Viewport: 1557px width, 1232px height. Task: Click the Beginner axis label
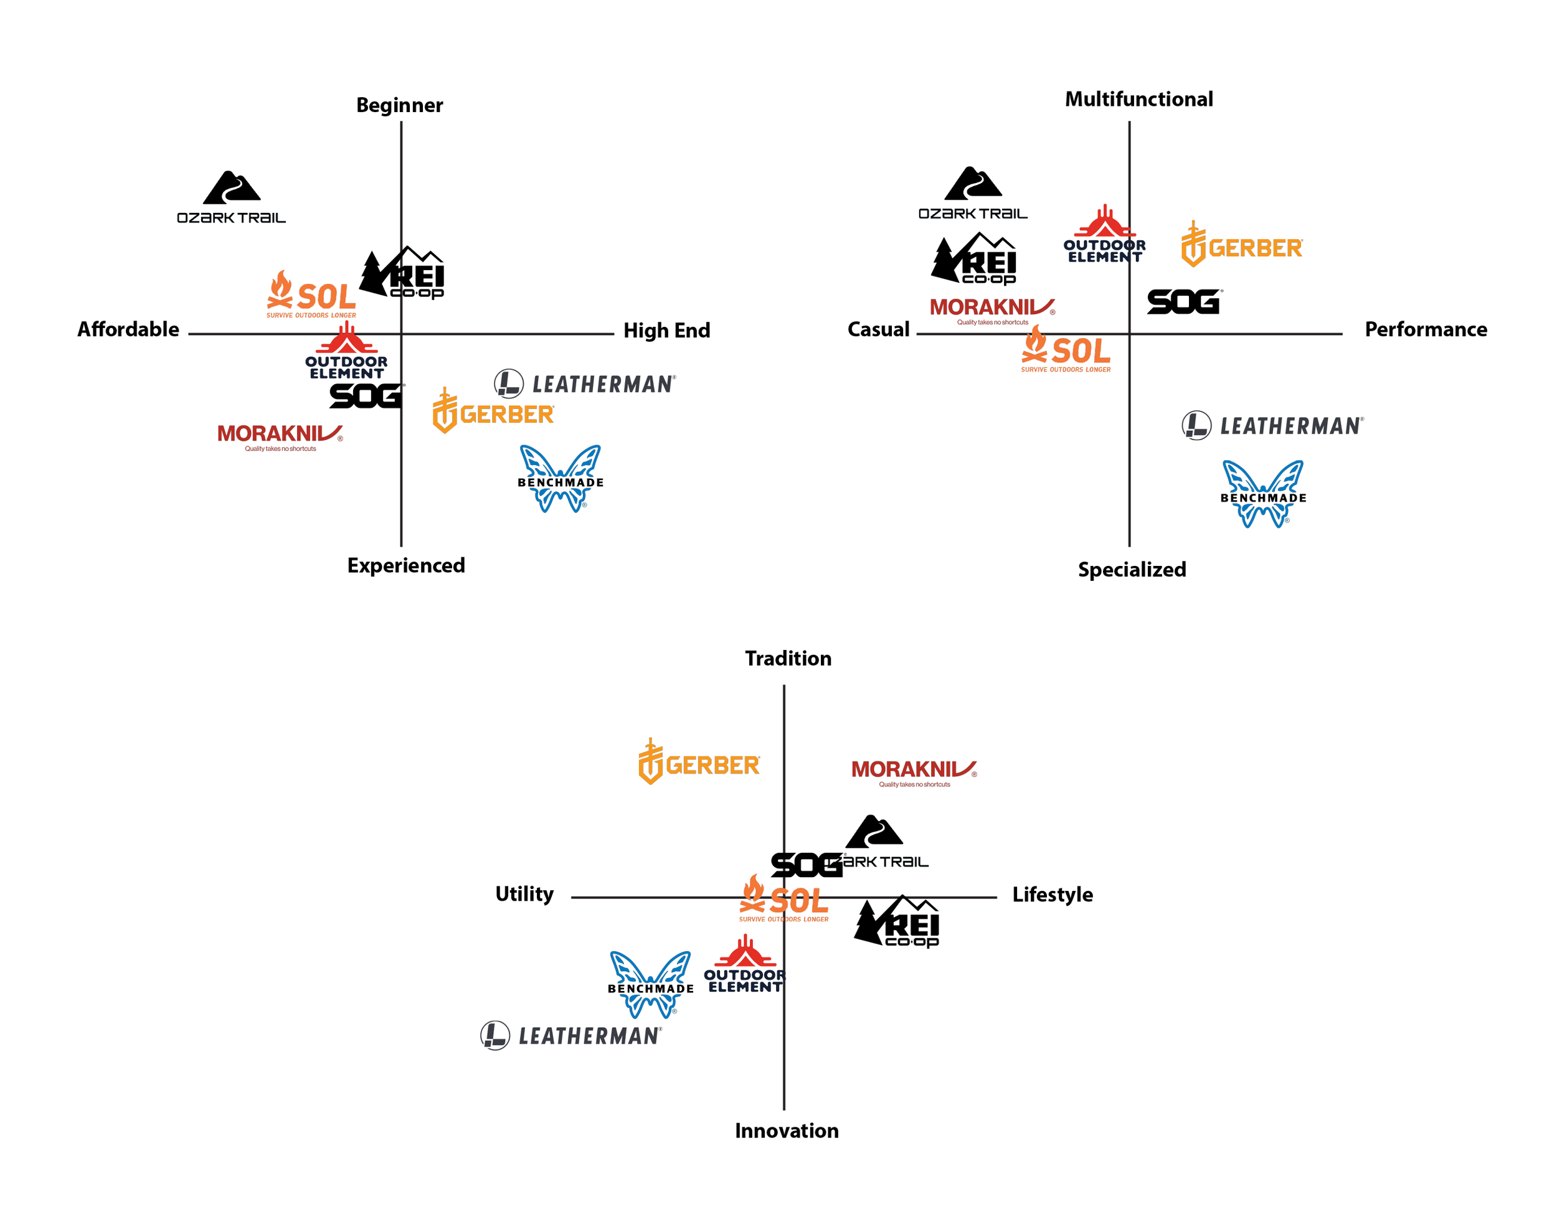pos(399,105)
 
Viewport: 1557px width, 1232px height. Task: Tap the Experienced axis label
pos(405,565)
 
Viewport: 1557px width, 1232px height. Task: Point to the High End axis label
pos(666,331)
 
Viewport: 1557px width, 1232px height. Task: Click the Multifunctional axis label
pos(1138,99)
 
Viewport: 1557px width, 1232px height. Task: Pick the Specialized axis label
pos(1131,569)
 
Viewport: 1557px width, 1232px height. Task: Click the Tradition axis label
pos(787,658)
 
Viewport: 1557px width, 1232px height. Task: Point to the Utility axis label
pos(524,894)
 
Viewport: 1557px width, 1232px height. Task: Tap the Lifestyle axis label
pos(1052,895)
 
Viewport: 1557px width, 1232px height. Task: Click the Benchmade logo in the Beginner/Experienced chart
pos(560,478)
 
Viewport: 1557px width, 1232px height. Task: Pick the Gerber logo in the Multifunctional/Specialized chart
pos(1241,245)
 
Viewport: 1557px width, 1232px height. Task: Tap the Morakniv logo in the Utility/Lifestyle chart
pos(914,771)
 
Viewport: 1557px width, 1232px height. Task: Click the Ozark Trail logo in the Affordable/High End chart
pos(231,197)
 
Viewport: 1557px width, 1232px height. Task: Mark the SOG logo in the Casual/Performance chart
pos(1183,301)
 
